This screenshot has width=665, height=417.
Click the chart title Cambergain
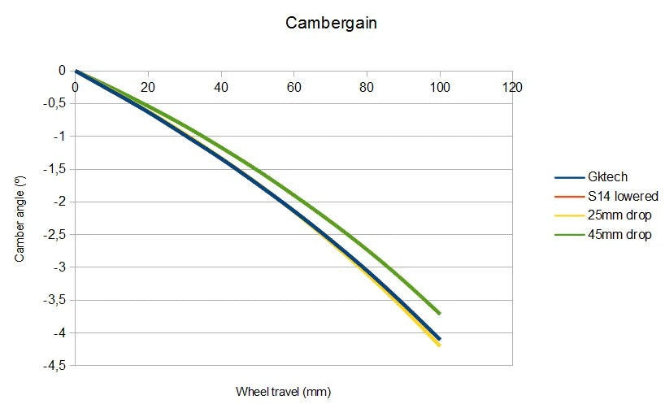pos(331,23)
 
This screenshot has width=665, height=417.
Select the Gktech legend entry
pos(606,177)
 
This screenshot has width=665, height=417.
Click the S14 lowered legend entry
pos(622,197)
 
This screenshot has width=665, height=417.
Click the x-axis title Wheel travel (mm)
pos(284,392)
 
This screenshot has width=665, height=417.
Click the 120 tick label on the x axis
pos(512,87)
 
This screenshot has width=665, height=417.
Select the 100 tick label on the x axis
pos(440,87)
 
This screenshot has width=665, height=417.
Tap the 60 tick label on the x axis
pos(293,87)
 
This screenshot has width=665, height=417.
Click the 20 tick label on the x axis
pos(148,87)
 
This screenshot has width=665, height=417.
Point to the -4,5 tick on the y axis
pos(54,365)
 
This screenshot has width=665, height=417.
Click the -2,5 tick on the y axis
pos(54,234)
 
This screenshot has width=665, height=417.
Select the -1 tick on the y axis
pos(59,136)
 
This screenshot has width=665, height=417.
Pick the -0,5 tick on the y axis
pos(54,103)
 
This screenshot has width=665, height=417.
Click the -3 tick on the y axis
pos(59,267)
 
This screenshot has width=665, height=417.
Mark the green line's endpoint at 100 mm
pos(440,313)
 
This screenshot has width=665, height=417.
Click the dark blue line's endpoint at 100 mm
pos(440,339)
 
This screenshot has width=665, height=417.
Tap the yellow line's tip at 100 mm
pos(440,345)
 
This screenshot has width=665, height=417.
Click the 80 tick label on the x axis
pos(367,87)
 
